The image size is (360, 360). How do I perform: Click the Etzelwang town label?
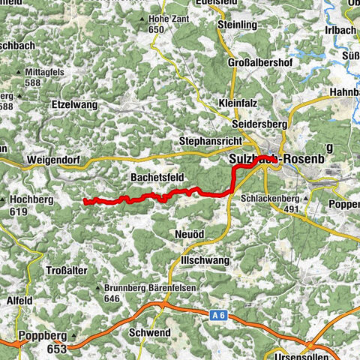pos(75,106)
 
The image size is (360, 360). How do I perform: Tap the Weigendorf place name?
pos(56,160)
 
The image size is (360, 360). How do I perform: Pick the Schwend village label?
pos(150,332)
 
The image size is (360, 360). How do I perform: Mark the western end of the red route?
pos(85,202)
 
